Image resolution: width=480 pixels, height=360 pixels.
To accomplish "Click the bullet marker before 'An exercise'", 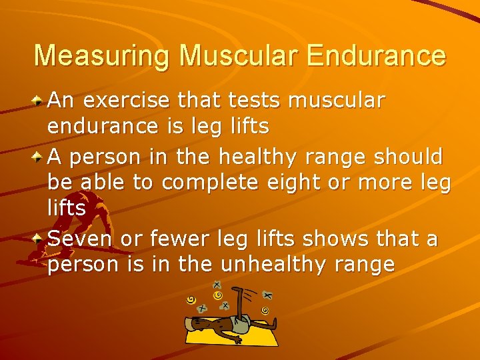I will click(39, 101).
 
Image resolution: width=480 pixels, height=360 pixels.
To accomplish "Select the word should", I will click(407, 157).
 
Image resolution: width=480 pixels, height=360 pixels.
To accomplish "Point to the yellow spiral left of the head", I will click(191, 300).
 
